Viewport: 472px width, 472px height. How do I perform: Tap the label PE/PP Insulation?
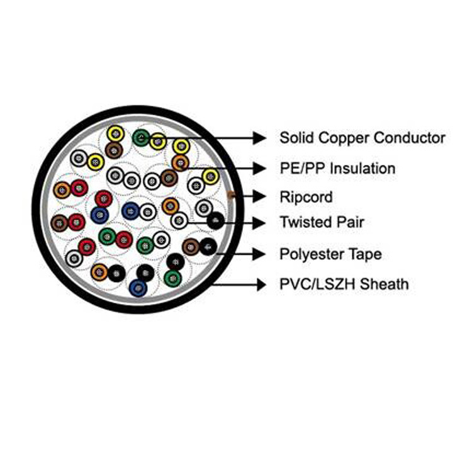click(337, 169)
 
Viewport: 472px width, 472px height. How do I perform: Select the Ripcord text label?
click(306, 198)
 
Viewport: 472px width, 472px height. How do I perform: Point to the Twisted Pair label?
click(322, 222)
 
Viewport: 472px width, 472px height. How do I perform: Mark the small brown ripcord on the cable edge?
click(231, 196)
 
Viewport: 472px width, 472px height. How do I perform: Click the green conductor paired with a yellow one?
click(141, 136)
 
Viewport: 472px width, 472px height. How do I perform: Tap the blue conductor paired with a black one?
click(137, 288)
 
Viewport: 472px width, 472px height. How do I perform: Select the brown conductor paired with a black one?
click(191, 245)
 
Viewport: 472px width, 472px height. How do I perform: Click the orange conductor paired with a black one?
click(99, 272)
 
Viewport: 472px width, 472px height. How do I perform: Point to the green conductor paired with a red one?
click(107, 237)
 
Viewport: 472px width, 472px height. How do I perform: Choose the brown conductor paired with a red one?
click(59, 222)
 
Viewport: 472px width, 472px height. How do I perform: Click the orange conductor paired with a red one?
click(62, 189)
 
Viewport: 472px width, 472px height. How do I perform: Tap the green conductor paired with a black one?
click(172, 277)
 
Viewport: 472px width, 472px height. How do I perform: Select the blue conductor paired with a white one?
click(130, 210)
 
